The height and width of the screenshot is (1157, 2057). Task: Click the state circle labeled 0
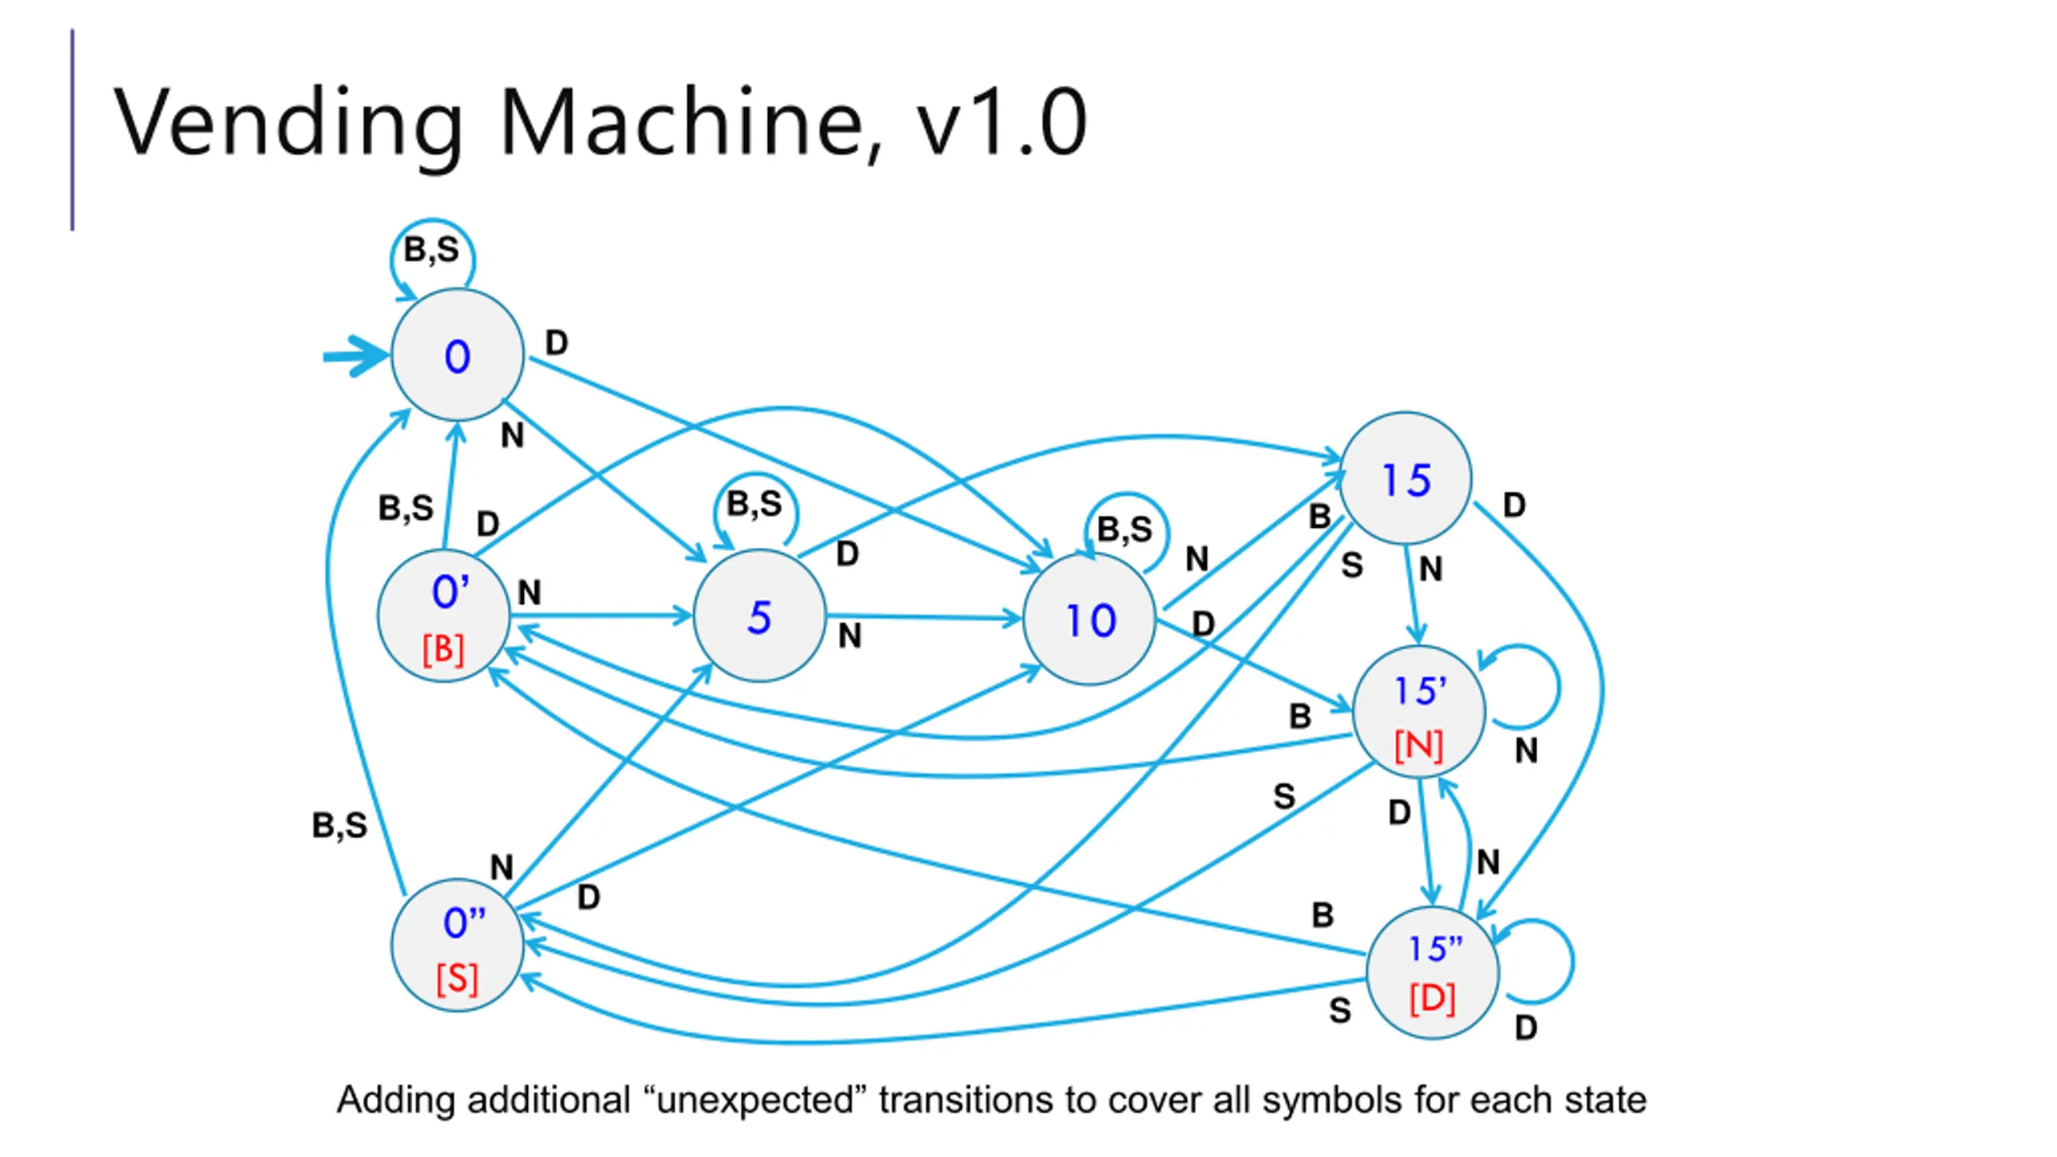[x=457, y=355]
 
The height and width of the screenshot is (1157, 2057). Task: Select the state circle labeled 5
[x=759, y=616]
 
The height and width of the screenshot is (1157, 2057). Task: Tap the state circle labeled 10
[x=1090, y=619]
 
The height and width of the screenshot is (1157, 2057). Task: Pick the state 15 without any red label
[x=1405, y=479]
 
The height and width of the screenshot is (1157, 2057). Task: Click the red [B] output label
[x=444, y=649]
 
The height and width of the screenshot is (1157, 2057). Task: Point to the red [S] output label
[x=457, y=979]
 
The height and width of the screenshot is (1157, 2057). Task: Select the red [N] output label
[x=1419, y=746]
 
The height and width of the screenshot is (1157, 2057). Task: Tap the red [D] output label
[x=1433, y=999]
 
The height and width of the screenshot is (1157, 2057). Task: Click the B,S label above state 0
[x=431, y=249]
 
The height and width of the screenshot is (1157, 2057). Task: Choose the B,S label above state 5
[x=755, y=504]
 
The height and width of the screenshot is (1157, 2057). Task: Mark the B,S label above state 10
[x=1125, y=529]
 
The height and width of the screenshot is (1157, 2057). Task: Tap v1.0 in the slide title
[x=1001, y=123]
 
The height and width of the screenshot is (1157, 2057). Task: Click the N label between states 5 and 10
[x=849, y=636]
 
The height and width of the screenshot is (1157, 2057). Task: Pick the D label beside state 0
[x=557, y=343]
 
